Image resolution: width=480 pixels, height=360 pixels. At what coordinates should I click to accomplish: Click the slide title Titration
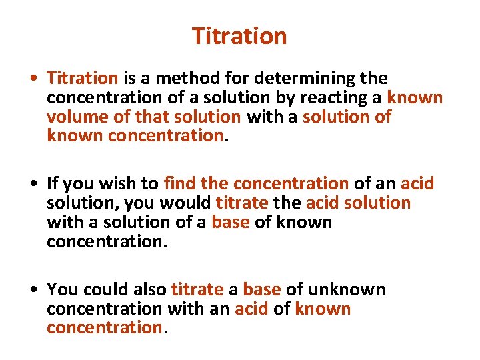coord(239,36)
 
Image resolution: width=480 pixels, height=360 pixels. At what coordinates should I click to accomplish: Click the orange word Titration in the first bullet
coord(83,79)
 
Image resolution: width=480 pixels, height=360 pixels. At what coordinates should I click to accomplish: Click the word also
coord(147,289)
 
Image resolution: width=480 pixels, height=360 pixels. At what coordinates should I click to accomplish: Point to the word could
coord(103,289)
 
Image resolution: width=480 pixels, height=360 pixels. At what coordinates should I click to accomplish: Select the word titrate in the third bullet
coord(197,289)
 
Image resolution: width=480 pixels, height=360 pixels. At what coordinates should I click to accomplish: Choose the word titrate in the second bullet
coord(242,203)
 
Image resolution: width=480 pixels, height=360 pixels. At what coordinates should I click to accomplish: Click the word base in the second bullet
coord(230,222)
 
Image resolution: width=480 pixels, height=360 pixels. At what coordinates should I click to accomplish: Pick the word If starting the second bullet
coord(53,183)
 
